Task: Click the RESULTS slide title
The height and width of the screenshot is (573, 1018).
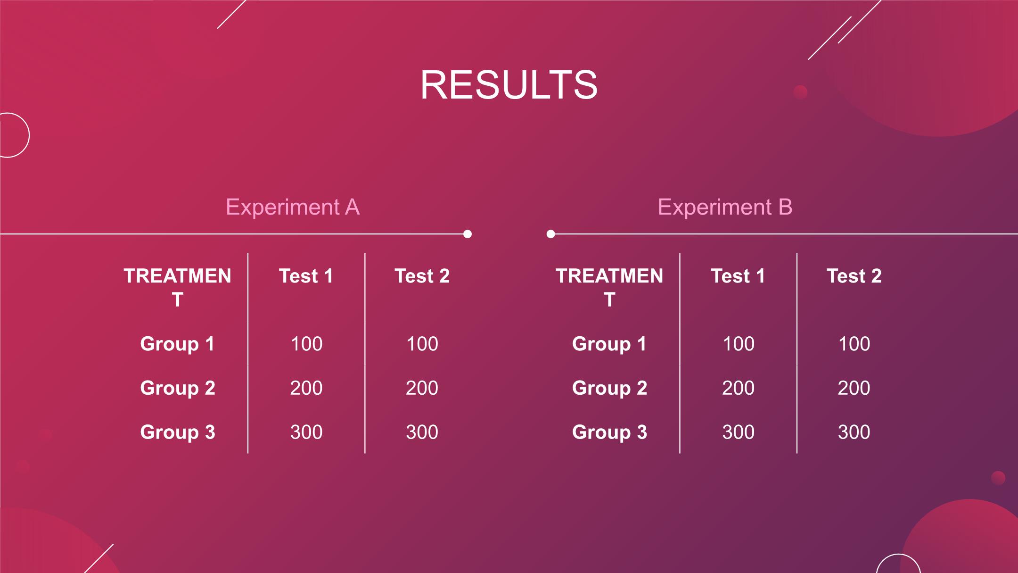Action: click(509, 85)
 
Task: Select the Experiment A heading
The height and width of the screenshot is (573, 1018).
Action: click(293, 207)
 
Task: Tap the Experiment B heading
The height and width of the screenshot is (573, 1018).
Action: click(725, 207)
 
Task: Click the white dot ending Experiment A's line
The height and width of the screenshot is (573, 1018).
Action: click(468, 234)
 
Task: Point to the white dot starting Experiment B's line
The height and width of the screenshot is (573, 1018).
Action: click(550, 234)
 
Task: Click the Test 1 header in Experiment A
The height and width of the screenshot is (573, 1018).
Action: click(306, 276)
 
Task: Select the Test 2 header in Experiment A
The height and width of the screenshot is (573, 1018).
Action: click(422, 276)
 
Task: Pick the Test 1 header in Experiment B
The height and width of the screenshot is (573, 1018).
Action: click(738, 276)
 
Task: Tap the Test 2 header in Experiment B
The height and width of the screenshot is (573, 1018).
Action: click(854, 276)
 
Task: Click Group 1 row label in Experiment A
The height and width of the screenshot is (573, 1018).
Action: click(178, 344)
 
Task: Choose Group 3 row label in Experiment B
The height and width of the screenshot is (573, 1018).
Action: click(610, 432)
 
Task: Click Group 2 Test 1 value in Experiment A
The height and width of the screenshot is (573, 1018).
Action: click(306, 388)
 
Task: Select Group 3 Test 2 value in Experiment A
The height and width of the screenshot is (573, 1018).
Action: click(422, 432)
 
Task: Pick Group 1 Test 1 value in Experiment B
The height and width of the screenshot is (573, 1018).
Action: click(739, 344)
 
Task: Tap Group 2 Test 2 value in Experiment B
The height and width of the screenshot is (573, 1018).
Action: click(854, 388)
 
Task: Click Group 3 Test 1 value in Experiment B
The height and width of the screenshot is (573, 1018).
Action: click(739, 432)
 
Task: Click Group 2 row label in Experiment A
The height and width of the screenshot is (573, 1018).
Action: click(178, 388)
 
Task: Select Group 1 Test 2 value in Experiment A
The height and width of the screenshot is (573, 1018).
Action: click(422, 344)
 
